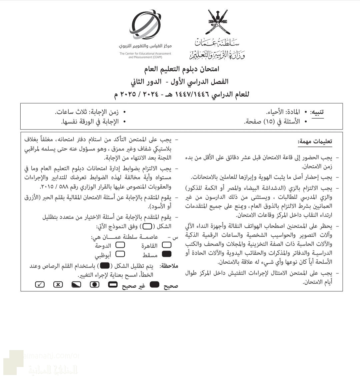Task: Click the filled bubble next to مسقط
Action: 166,254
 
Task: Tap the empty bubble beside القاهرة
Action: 166,246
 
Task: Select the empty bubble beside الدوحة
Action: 120,246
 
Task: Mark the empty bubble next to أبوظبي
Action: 120,254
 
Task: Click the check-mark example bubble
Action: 40,285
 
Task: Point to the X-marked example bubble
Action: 58,285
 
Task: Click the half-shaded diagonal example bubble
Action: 76,285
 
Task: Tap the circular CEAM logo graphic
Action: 146,25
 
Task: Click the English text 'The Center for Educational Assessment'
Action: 145,54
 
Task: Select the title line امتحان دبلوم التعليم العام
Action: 180,69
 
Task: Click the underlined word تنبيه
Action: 317,112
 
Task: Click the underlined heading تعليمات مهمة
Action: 315,142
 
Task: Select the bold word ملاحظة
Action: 169,266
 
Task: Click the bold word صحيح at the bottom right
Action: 169,285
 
